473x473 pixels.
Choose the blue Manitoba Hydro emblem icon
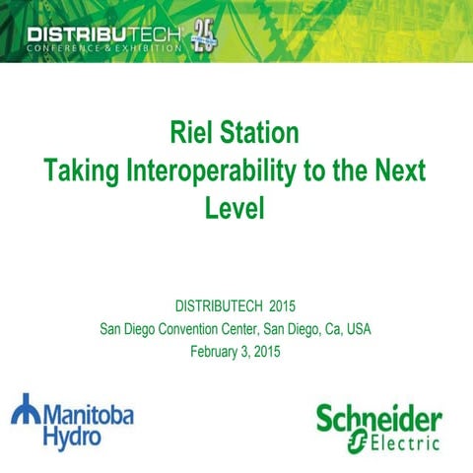point(25,410)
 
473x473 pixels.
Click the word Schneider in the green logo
point(378,419)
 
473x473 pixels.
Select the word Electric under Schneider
point(398,444)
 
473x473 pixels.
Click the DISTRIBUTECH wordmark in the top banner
point(104,37)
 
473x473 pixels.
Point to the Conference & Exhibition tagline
point(103,49)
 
